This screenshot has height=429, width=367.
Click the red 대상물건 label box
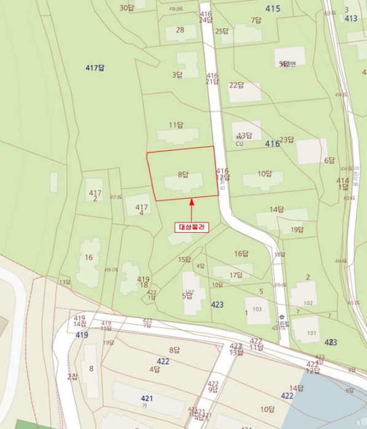(192, 227)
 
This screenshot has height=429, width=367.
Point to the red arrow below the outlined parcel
(192, 208)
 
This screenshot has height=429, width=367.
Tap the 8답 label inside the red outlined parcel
(183, 175)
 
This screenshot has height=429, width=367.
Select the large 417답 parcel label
(95, 68)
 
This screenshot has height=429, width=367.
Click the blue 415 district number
(273, 9)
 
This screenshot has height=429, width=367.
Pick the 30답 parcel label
(126, 8)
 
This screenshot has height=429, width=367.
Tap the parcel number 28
(180, 29)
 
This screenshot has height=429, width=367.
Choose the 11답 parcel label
(176, 125)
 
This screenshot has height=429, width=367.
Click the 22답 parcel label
(236, 85)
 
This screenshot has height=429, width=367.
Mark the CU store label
(239, 144)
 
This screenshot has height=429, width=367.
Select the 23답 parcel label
(287, 140)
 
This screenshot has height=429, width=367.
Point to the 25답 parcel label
(222, 31)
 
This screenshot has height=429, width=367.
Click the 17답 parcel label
(236, 275)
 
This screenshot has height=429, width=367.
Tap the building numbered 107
(190, 292)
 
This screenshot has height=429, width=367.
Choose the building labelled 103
(257, 309)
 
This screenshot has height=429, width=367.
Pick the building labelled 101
(312, 333)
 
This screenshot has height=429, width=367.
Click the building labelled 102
(308, 303)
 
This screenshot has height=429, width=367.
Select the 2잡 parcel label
(72, 376)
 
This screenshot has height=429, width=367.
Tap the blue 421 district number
(147, 398)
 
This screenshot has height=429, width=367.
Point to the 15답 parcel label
(185, 260)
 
